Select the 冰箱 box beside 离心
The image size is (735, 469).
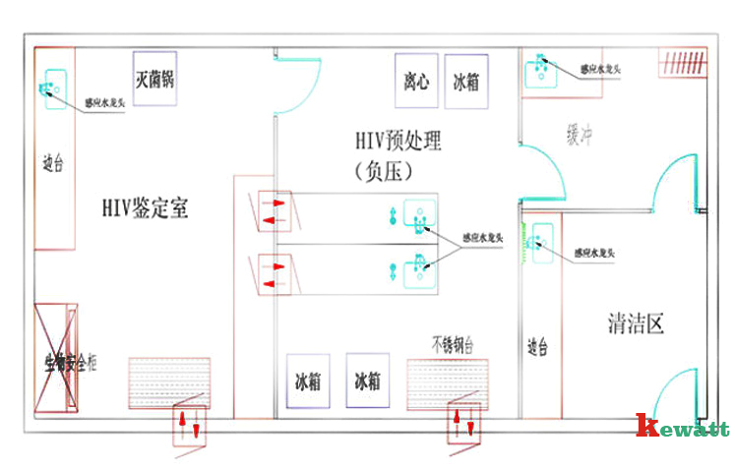point(465,81)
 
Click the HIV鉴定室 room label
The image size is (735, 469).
point(145,208)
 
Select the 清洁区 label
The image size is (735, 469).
point(636,322)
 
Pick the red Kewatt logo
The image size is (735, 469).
point(682,427)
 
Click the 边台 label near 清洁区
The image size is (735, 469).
point(536,346)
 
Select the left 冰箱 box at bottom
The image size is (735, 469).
point(306,381)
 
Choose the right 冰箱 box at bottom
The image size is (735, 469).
point(367,381)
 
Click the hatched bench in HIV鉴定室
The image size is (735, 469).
point(170,381)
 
